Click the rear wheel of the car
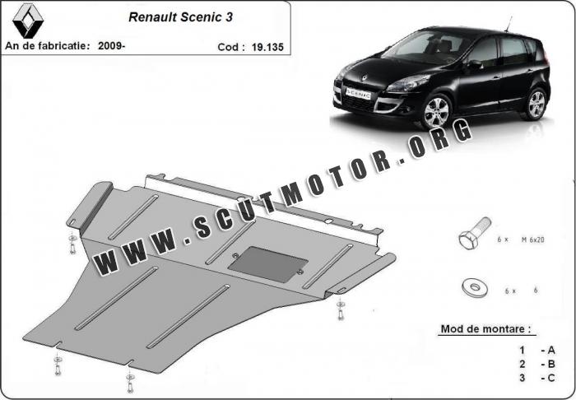click(x=536, y=105)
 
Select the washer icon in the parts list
click(x=473, y=287)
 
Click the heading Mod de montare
click(x=486, y=329)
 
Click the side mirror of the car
click(x=474, y=64)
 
